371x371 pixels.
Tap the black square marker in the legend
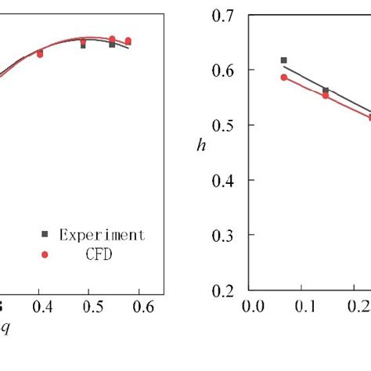click(45, 234)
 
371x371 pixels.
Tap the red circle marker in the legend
click(45, 254)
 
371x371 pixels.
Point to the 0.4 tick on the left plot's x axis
click(39, 308)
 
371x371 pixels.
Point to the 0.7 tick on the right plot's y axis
click(226, 15)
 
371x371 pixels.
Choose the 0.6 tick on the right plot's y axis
click(226, 70)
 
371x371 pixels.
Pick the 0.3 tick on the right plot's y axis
click(226, 235)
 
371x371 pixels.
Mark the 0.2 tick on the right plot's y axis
click(226, 290)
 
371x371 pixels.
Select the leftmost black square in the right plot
click(283, 60)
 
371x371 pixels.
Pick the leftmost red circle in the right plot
click(284, 77)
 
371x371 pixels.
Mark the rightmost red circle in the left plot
click(128, 41)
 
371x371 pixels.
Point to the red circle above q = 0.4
click(40, 55)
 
